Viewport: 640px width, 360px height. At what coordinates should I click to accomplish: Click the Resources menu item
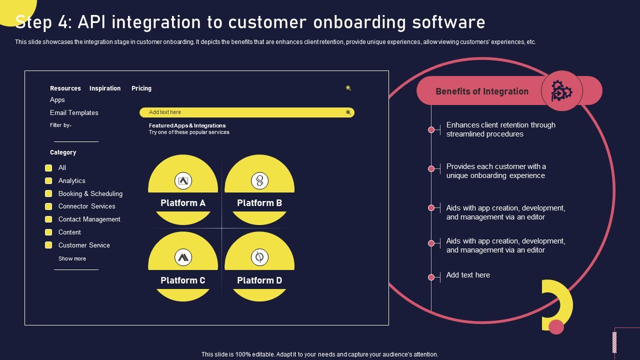point(65,88)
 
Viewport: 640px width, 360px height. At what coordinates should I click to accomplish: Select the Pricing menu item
point(141,88)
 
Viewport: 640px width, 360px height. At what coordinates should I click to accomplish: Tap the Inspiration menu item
point(105,88)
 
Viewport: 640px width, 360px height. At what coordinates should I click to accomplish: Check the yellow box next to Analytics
point(48,181)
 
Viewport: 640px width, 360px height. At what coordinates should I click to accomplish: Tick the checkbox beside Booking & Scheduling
point(48,194)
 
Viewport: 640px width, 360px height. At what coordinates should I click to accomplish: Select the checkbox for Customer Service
point(48,245)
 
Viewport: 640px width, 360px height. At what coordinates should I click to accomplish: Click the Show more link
point(72,259)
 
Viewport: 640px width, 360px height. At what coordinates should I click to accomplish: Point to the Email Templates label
point(74,113)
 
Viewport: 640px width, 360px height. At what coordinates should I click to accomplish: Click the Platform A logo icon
point(183,180)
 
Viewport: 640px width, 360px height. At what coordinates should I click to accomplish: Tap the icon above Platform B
point(259,180)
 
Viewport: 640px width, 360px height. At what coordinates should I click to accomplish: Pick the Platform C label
point(183,280)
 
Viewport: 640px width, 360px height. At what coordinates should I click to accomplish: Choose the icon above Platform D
point(259,257)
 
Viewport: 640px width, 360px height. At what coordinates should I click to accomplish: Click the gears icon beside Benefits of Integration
point(561,91)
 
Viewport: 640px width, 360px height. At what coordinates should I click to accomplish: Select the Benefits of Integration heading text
point(482,91)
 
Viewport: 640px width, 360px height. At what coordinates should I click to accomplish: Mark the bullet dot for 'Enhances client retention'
point(431,130)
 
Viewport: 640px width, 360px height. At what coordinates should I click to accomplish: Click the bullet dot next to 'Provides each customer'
point(431,169)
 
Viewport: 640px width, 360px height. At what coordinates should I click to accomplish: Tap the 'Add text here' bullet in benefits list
point(431,277)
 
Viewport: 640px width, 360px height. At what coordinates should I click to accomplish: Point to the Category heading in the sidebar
point(63,152)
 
